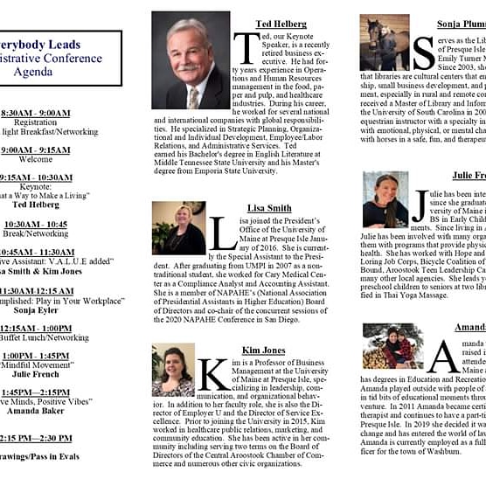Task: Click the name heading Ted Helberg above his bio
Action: pyautogui.click(x=281, y=23)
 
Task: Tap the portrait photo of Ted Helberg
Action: pyautogui.click(x=191, y=60)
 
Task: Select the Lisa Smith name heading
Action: pyautogui.click(x=268, y=208)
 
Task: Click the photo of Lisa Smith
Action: pyautogui.click(x=178, y=228)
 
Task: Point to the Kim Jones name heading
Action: pyautogui.click(x=263, y=350)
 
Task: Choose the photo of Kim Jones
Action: pyautogui.click(x=173, y=371)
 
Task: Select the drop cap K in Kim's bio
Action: pyautogui.click(x=214, y=375)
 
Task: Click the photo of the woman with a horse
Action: pyautogui.click(x=384, y=42)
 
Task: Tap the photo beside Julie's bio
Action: pyautogui.click(x=385, y=200)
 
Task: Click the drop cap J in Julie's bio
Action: pyautogui.click(x=419, y=207)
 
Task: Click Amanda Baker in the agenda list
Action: pyautogui.click(x=35, y=410)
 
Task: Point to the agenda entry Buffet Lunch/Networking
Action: pyautogui.click(x=44, y=337)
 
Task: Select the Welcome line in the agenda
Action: pyautogui.click(x=35, y=160)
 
